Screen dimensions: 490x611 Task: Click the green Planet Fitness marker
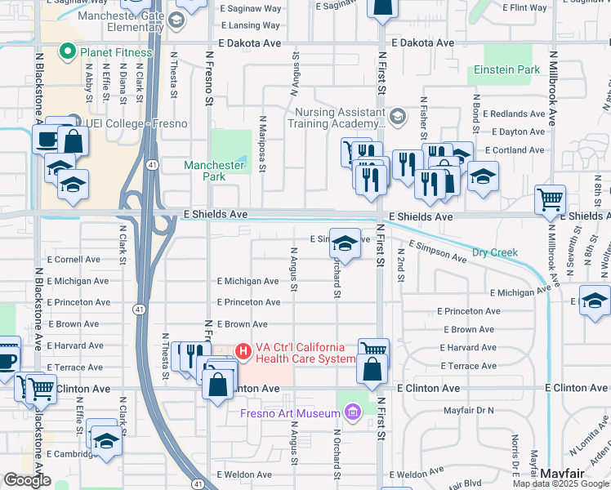(69, 53)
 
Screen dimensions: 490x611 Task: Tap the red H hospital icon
(243, 351)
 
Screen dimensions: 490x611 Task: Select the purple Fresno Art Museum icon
(353, 412)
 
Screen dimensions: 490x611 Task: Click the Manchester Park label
(214, 171)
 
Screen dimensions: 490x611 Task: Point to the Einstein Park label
(506, 70)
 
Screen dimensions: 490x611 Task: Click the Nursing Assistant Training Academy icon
(398, 115)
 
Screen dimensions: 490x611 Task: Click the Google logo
(28, 480)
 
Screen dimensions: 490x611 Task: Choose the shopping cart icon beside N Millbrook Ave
(551, 199)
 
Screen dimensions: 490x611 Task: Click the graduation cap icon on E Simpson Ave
(345, 243)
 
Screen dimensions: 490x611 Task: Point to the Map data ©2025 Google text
(560, 483)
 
